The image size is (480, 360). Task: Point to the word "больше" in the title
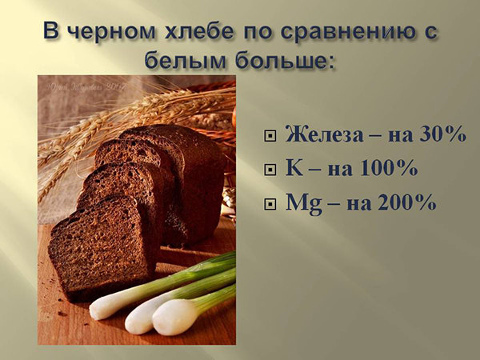pos(280,62)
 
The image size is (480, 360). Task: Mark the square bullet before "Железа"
pos(270,136)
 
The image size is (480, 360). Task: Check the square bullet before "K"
pos(270,170)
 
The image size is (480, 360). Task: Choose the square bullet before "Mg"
pos(270,205)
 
